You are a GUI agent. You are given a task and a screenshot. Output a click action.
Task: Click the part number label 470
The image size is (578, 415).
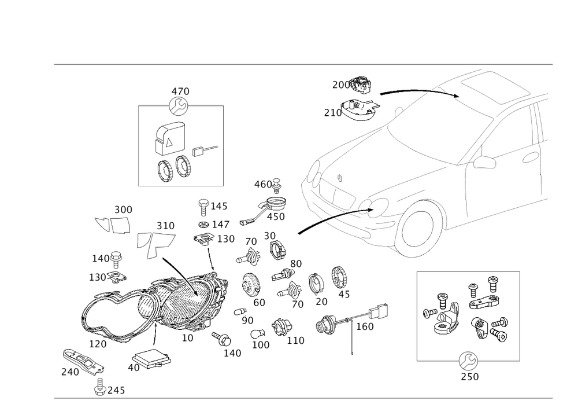(x=180, y=91)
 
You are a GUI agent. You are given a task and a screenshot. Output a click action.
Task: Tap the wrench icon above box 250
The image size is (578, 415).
(x=468, y=361)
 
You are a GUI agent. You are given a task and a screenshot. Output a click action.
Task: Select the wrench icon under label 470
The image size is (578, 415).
(x=179, y=106)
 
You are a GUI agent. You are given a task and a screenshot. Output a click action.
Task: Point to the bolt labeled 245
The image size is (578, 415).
(x=100, y=387)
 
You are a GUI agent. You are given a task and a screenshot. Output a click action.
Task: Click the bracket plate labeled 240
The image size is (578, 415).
(x=83, y=361)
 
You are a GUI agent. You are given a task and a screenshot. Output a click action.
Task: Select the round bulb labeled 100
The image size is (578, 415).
(x=258, y=335)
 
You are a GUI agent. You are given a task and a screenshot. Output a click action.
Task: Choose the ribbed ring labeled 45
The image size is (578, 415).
(x=340, y=277)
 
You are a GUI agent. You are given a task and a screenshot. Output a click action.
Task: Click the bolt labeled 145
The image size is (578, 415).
(x=203, y=207)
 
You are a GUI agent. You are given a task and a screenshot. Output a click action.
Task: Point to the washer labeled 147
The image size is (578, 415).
(x=203, y=225)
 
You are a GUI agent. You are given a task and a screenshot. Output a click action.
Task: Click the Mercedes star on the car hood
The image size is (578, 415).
(x=340, y=178)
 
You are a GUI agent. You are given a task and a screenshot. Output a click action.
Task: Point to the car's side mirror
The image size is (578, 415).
(x=484, y=163)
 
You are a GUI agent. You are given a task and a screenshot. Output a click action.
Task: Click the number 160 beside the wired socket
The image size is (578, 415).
(x=365, y=326)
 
